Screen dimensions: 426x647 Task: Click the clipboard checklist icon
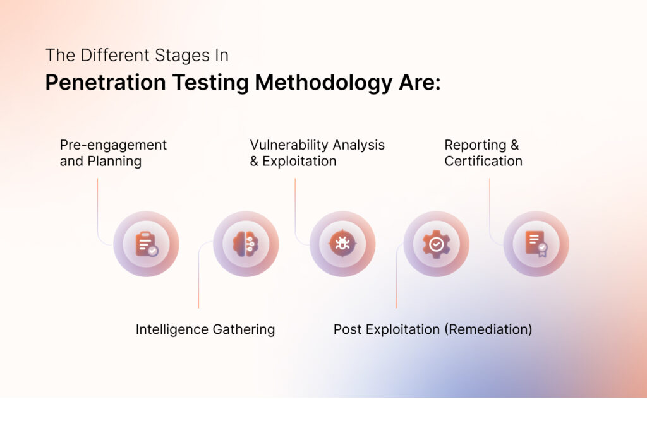pyautogui.click(x=146, y=244)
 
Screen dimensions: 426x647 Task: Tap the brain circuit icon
pyautogui.click(x=246, y=244)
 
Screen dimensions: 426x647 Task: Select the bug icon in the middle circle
pyautogui.click(x=342, y=244)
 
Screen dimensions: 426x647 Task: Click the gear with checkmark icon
pyautogui.click(x=436, y=244)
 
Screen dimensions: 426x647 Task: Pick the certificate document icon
pyautogui.click(x=536, y=244)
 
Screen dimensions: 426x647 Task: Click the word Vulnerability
pyautogui.click(x=292, y=145)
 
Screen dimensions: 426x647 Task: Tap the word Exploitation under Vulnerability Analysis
pyautogui.click(x=299, y=161)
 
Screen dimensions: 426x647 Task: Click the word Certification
pyautogui.click(x=483, y=161)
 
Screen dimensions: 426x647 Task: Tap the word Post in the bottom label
pyautogui.click(x=347, y=329)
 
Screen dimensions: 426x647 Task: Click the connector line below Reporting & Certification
pyautogui.click(x=490, y=208)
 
